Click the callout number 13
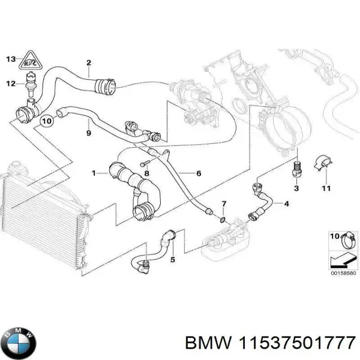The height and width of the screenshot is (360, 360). tap(10, 58)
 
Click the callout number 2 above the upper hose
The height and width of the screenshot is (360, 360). tap(88, 63)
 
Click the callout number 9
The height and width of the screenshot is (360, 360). tap(88, 133)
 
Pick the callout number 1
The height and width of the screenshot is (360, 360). tap(94, 173)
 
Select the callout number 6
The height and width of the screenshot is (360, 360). tap(199, 173)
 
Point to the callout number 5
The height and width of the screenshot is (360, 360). tap(172, 260)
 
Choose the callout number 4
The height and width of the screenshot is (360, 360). tap(287, 204)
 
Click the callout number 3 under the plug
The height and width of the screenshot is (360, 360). tap(296, 189)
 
